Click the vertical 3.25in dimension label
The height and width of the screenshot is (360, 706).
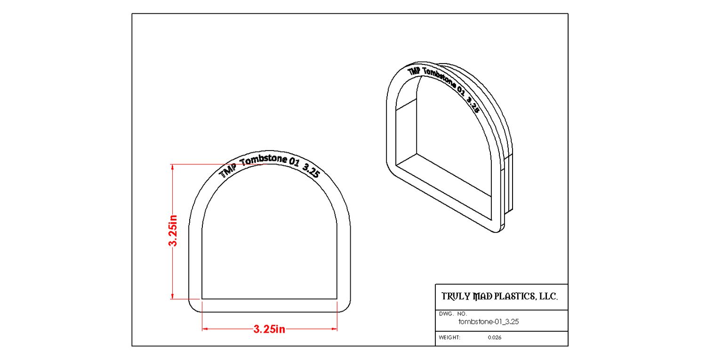click(x=173, y=231)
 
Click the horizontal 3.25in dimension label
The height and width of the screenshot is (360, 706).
click(x=269, y=329)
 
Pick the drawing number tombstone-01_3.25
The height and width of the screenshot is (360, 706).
click(x=488, y=321)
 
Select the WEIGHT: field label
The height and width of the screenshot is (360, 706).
click(x=449, y=337)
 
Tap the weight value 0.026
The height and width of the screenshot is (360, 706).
click(x=495, y=337)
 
